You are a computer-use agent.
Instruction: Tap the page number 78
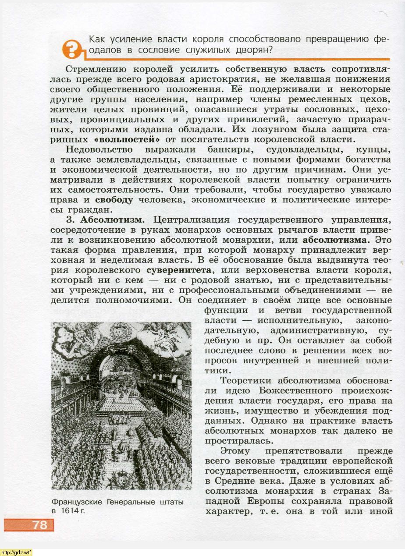click(39, 525)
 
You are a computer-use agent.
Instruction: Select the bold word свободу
click(114, 199)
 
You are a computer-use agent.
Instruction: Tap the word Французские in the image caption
click(77, 502)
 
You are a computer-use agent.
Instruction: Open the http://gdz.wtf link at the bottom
click(16, 552)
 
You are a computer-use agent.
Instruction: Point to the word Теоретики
click(246, 381)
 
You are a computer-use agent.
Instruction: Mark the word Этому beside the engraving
click(235, 451)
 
